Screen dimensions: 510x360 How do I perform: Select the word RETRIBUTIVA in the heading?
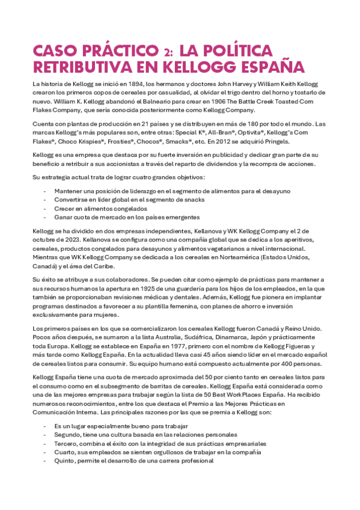coord(79,66)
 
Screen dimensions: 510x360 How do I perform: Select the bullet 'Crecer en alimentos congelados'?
coord(96,208)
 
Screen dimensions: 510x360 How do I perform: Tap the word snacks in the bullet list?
coord(192,199)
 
